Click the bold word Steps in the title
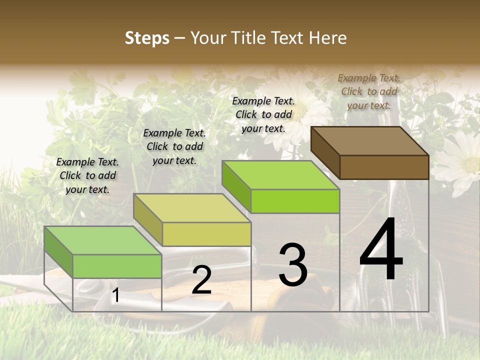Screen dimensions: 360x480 [x=146, y=38]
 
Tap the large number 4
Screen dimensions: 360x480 [x=381, y=250]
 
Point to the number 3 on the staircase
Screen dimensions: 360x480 [x=292, y=264]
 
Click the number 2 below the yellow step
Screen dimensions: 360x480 [x=201, y=280]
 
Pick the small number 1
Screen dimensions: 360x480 [x=115, y=295]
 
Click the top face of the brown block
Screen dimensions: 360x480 [x=370, y=141]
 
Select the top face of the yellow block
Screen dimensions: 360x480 [x=192, y=208]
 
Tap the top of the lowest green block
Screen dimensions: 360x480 [x=103, y=240]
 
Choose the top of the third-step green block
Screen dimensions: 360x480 [x=280, y=175]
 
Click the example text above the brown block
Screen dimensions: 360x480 [x=369, y=91]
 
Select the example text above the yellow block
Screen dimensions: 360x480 [x=174, y=146]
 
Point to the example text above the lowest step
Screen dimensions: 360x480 [x=87, y=175]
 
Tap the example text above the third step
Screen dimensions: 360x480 [x=263, y=114]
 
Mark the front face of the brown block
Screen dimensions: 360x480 [x=384, y=167]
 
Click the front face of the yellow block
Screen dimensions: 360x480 [x=206, y=234]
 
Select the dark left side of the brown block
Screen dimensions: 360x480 [x=325, y=152]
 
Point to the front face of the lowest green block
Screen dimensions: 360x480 [x=117, y=266]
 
